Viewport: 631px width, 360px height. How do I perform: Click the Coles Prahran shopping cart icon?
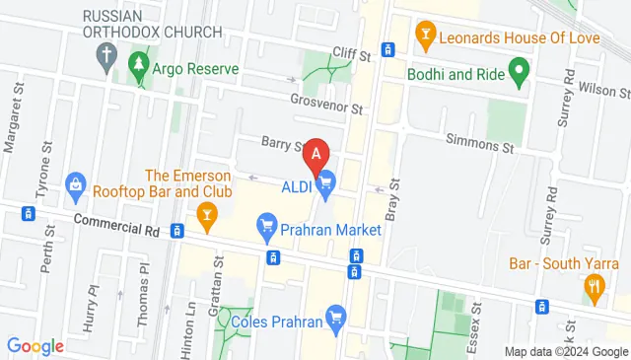click(x=335, y=318)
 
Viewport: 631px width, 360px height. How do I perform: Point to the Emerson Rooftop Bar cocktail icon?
click(x=206, y=211)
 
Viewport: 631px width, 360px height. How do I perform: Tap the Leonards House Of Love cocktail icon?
click(x=426, y=36)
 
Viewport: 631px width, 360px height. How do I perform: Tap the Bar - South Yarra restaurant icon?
click(x=594, y=288)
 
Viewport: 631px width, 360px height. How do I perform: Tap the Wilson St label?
click(x=603, y=89)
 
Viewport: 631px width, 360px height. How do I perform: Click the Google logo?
click(x=35, y=345)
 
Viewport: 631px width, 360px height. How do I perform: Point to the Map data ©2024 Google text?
click(x=565, y=352)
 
